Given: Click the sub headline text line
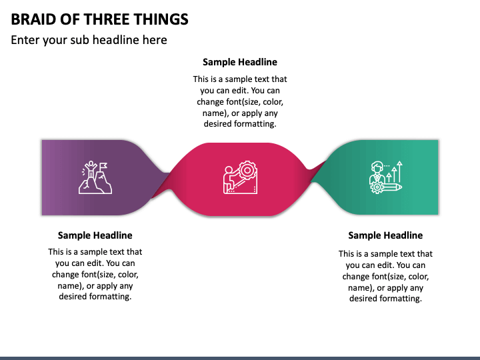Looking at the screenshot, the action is (89, 40).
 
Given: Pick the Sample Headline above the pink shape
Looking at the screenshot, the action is (240, 62).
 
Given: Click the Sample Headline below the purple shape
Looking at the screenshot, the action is (95, 235).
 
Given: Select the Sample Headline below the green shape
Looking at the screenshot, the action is (385, 235).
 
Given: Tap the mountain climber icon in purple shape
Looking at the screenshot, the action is (95, 177).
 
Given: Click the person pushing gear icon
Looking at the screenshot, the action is (240, 177).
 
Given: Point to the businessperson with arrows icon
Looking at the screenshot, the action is (386, 177).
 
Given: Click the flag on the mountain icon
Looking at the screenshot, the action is (104, 166).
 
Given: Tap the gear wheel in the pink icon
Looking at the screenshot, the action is (247, 170).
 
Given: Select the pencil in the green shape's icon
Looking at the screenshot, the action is (391, 187).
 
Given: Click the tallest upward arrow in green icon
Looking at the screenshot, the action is (401, 171).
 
